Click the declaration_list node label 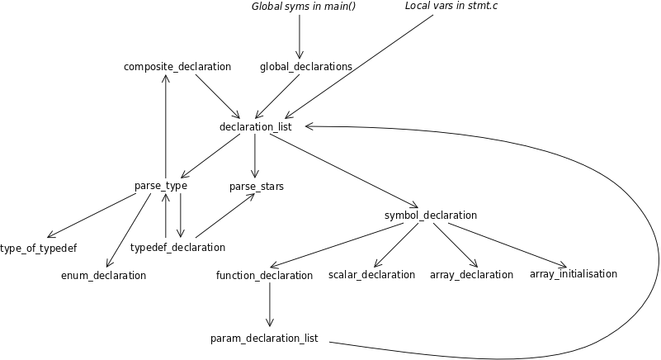click(x=256, y=126)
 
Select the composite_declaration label click(x=177, y=66)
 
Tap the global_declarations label click(x=306, y=66)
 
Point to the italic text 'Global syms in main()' click(x=298, y=7)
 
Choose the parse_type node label click(x=161, y=186)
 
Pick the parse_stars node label click(x=257, y=187)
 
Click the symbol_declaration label click(x=431, y=216)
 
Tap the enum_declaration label click(x=104, y=275)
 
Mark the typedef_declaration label click(x=178, y=248)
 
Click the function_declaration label click(x=265, y=275)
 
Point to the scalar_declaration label click(x=372, y=274)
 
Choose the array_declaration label click(x=472, y=274)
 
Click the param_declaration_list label click(x=265, y=339)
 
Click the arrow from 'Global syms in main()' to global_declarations click(x=300, y=36)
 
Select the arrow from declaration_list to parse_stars click(x=255, y=156)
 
